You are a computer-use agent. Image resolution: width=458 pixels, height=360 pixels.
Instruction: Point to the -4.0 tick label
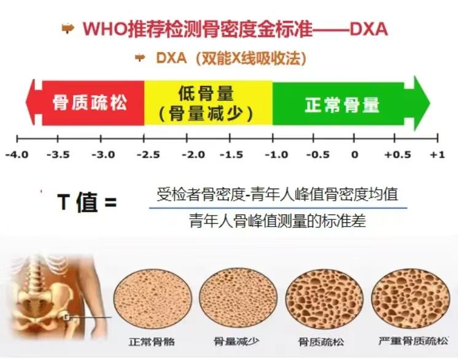coord(17,155)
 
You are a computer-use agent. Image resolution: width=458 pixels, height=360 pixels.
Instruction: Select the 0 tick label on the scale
coord(354,155)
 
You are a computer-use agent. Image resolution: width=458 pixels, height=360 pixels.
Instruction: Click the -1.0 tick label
coord(273,155)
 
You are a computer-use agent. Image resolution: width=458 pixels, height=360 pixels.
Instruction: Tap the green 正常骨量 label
coord(342,104)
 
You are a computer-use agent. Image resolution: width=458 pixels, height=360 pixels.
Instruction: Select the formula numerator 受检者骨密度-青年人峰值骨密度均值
coord(277,195)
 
